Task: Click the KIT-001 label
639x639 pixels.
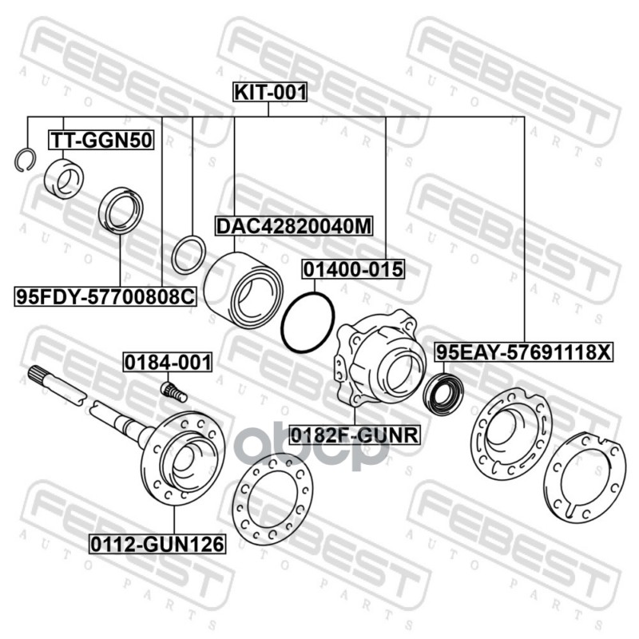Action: (269, 93)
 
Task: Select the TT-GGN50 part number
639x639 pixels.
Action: (102, 141)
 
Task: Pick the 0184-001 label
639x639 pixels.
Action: (167, 362)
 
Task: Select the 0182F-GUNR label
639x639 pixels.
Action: (355, 435)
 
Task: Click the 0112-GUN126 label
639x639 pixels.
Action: (157, 545)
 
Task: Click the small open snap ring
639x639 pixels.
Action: (24, 159)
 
